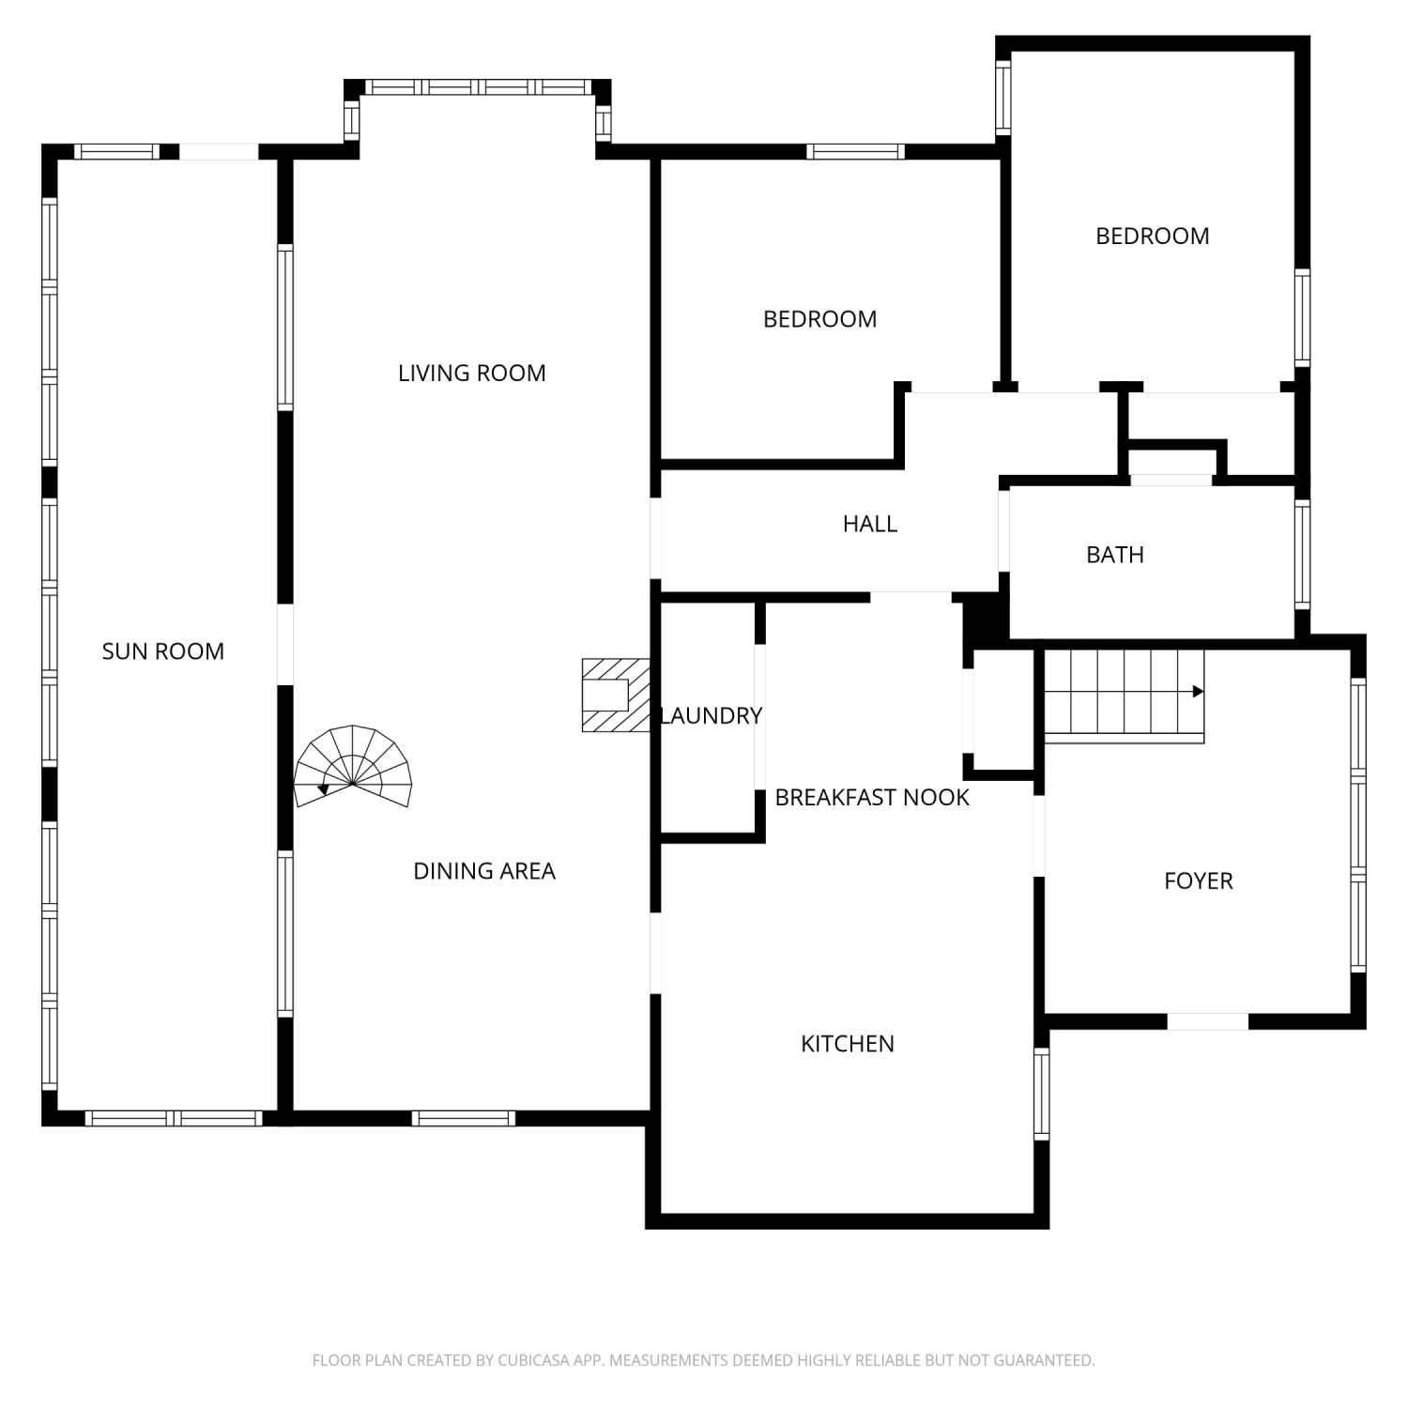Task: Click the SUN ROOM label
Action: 163,651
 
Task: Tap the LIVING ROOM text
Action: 472,374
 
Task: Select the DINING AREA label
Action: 484,871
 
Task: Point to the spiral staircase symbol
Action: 353,767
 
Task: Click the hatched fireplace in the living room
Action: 617,696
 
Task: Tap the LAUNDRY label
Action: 712,716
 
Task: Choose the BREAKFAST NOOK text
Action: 872,798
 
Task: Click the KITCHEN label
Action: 848,1044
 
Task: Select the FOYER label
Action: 1199,881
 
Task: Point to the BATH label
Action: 1115,555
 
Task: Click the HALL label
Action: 870,524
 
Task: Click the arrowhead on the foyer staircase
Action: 1199,692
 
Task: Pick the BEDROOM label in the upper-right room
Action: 1153,237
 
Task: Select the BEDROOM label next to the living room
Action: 820,319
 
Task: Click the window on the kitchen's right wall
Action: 1042,1094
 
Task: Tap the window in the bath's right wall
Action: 1302,555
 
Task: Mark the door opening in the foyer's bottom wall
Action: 1208,1021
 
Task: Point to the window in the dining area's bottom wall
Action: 464,1118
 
